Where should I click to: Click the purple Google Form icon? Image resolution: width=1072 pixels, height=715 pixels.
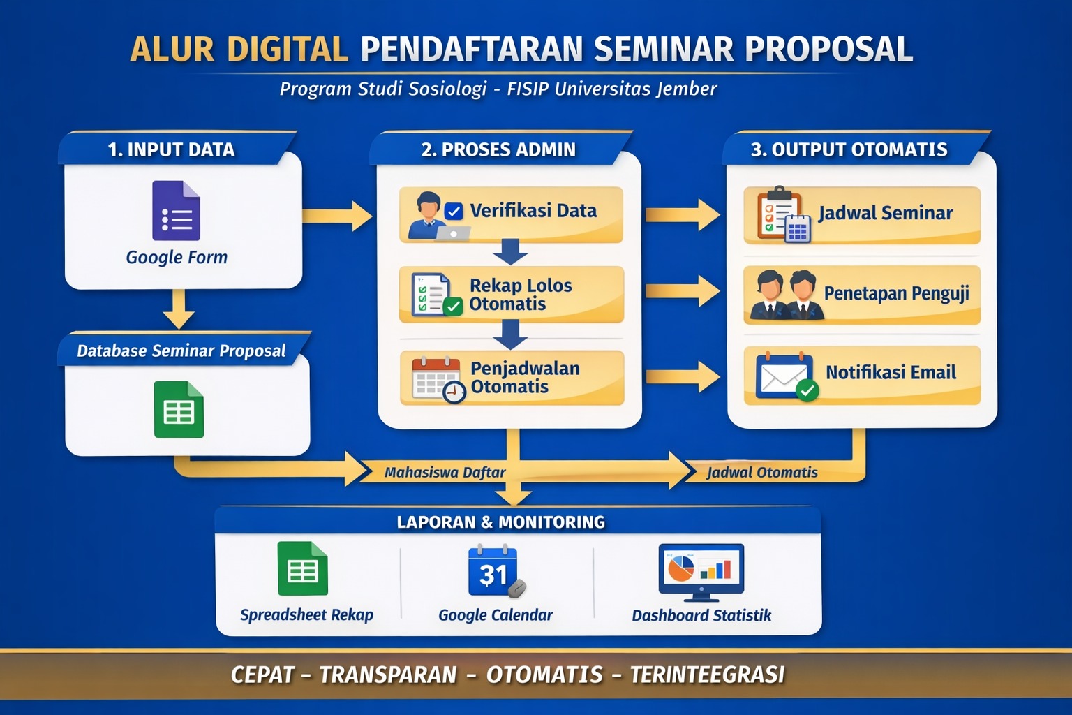pos(176,210)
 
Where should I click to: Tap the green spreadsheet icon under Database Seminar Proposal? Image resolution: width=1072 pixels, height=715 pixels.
pos(179,409)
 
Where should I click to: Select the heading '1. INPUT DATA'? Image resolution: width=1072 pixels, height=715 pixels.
pos(171,149)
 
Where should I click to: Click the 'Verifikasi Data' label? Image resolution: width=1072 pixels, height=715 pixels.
pos(533,211)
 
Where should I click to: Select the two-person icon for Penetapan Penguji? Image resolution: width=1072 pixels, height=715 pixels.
pos(787,295)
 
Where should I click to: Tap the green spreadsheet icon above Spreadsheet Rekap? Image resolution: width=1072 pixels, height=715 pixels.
pos(302,568)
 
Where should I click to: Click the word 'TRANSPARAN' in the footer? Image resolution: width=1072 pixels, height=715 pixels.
pos(388,675)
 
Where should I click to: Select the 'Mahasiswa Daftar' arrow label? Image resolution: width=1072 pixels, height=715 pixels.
pos(445,473)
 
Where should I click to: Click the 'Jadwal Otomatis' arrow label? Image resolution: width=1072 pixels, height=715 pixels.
pos(762,473)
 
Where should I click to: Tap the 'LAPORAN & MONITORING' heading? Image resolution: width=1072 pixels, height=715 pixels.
pos(501,522)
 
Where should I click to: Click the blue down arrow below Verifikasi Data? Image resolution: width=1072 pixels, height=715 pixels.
pos(511,252)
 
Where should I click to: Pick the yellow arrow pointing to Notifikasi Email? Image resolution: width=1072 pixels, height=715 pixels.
pos(683,377)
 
